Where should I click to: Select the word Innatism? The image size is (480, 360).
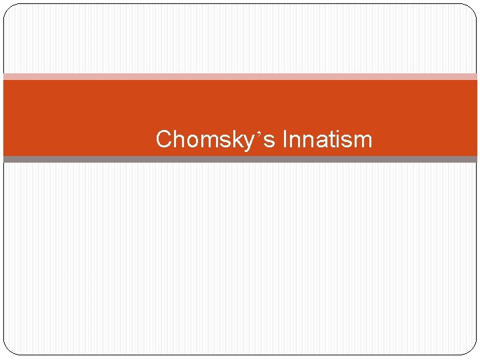click(327, 140)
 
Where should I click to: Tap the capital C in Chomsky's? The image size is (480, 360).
click(164, 139)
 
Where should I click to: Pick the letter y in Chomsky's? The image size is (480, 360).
click(247, 142)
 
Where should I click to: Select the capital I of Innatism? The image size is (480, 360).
click(285, 139)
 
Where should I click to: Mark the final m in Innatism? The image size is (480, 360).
click(362, 141)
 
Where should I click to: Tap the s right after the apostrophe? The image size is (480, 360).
click(270, 141)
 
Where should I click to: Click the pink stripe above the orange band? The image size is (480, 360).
click(240, 77)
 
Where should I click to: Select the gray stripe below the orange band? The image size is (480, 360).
click(240, 159)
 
